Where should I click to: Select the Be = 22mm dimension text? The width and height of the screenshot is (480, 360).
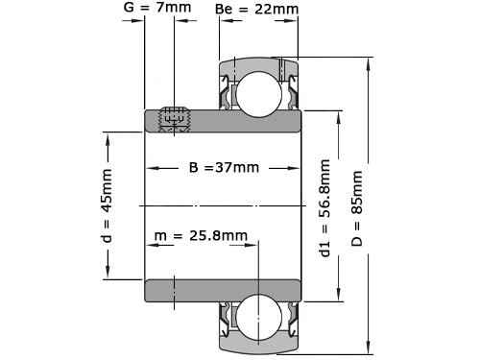256,11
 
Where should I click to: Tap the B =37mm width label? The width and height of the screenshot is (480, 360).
223,167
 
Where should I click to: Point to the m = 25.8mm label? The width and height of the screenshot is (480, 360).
200,235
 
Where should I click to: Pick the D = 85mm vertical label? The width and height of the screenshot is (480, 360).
357,208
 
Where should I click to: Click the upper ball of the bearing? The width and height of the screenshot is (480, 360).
258,93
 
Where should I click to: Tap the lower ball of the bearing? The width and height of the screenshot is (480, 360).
258,317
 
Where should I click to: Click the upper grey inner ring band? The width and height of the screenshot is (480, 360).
223,121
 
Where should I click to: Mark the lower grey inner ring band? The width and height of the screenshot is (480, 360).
223,290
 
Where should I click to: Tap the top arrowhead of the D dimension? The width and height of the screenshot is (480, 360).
370,60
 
